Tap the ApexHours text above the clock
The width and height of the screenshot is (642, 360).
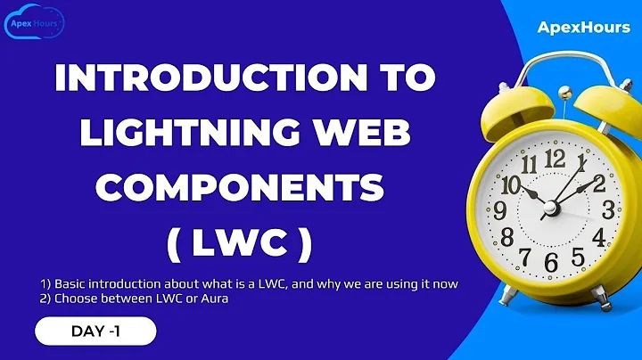tap(577, 28)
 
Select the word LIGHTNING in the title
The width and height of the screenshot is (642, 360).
tap(169, 134)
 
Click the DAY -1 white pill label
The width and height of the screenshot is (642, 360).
tap(95, 332)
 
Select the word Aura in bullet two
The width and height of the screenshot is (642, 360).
tap(215, 298)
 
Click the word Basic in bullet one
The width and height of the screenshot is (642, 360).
tap(74, 283)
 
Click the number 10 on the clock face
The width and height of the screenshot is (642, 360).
tap(511, 185)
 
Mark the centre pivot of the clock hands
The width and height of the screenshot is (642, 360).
tap(551, 208)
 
